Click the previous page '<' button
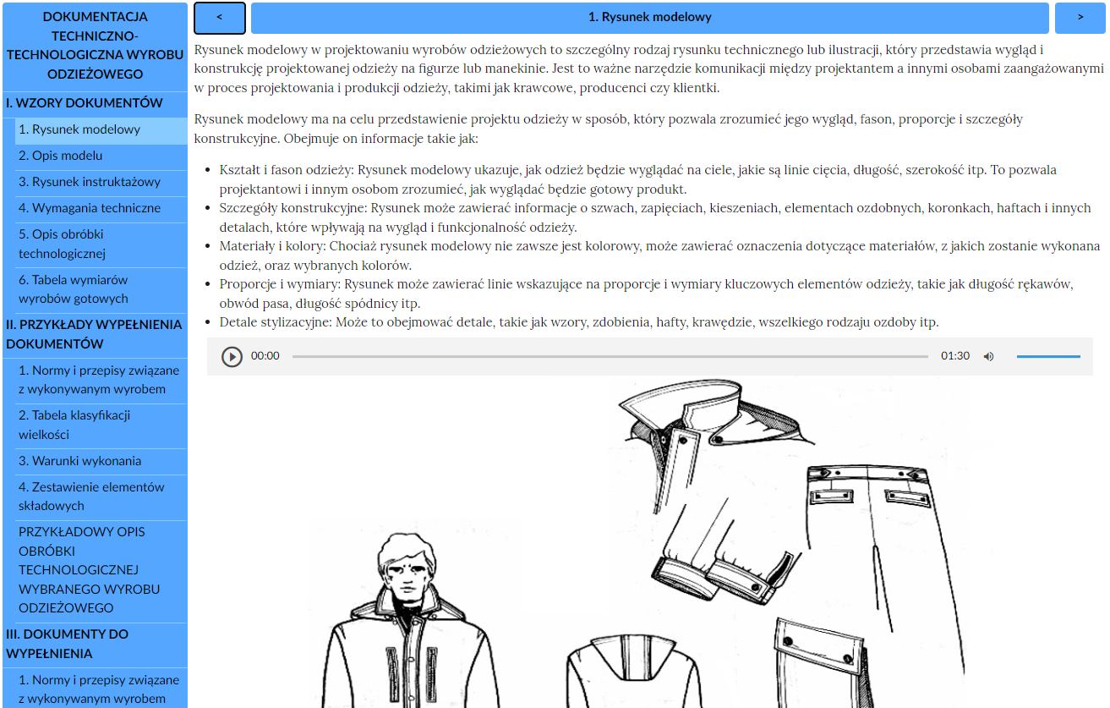220,18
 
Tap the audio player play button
232,356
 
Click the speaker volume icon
988,356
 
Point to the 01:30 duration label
955,356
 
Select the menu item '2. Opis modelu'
61,156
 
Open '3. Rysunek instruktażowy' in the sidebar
90,182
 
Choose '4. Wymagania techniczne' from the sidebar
90,208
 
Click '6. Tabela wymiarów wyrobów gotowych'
74,289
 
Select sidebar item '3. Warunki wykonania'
79,461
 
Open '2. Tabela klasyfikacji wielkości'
74,425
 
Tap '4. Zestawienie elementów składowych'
91,497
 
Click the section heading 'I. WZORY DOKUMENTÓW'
85,103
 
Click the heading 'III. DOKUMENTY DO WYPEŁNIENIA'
68,644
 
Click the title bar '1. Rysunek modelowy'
649,18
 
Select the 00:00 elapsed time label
265,356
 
